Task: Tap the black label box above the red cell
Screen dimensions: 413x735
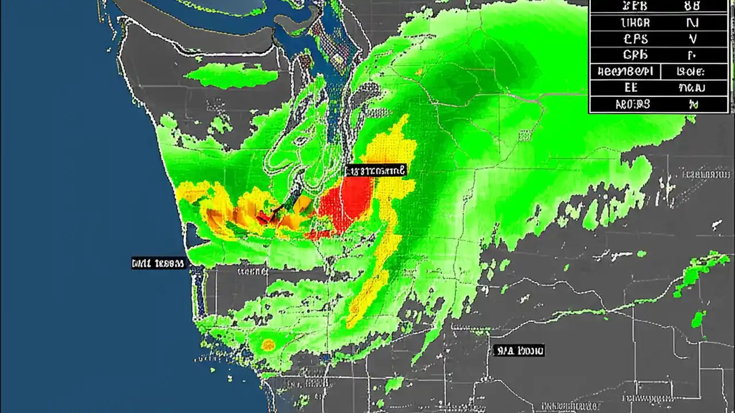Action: [x=376, y=170]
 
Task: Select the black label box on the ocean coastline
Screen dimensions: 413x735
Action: [x=158, y=263]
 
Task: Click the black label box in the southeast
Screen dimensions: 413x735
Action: [x=519, y=350]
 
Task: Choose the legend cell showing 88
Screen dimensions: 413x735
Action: [x=692, y=6]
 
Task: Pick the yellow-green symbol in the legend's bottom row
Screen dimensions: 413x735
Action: [x=694, y=104]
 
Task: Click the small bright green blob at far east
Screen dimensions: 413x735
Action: [x=699, y=319]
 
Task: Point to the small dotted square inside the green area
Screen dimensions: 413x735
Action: [x=525, y=135]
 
